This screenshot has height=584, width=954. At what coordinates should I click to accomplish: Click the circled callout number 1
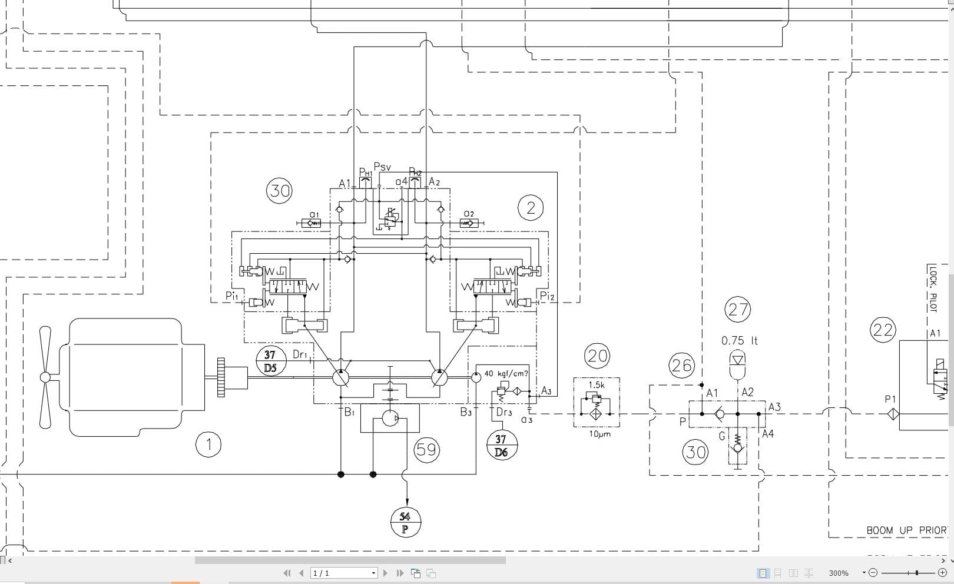coord(208,444)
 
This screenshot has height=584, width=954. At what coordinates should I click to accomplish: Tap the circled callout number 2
coord(531,208)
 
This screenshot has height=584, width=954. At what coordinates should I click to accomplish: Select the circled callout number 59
coord(426,450)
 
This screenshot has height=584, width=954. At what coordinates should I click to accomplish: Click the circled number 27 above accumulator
coord(738,310)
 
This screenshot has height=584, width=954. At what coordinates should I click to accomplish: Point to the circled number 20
coord(597,356)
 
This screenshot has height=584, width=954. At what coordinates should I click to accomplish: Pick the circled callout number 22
coord(883,330)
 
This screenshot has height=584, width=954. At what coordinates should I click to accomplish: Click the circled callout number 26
coord(681,366)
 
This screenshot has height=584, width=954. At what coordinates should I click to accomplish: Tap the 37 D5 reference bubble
coord(270,361)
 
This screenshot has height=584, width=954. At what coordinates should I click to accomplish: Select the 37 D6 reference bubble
coord(501,445)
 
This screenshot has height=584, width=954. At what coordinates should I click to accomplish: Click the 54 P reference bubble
coord(405,522)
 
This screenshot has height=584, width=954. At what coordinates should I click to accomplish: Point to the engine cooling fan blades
coord(45,377)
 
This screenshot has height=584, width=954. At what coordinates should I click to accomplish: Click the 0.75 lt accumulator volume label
coord(740,341)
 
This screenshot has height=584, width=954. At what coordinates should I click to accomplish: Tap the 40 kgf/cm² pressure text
coord(506,373)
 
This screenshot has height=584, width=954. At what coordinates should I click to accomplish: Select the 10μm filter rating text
coord(599,434)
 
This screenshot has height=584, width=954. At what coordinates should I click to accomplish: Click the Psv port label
coord(382,167)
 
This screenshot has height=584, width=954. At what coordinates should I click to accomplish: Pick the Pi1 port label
coord(231,296)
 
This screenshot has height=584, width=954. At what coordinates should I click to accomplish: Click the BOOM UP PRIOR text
coord(906,530)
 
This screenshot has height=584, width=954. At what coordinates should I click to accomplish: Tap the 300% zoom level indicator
coord(838,573)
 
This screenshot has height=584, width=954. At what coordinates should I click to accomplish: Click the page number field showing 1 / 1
coord(343,573)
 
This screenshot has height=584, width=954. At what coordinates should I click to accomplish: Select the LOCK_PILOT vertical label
coord(933,288)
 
